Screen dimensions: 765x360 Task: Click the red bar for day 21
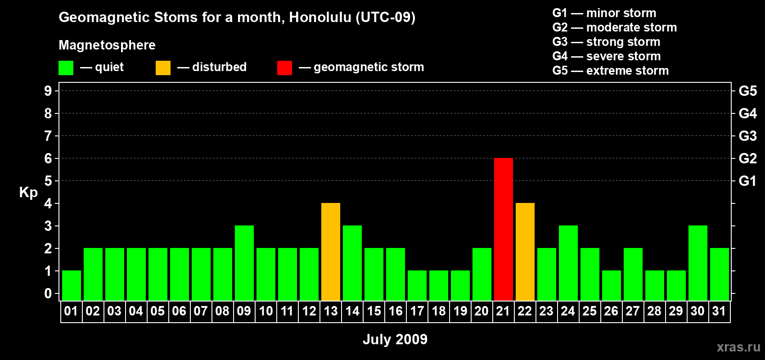point(504,229)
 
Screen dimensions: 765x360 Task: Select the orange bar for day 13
point(331,252)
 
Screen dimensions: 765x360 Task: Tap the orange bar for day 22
point(525,252)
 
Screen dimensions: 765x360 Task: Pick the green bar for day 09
point(244,263)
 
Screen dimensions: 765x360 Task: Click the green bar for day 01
point(72,286)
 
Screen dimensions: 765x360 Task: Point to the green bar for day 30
point(697,263)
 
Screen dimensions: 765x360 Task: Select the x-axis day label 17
point(417,311)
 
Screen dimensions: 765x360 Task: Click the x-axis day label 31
point(719,311)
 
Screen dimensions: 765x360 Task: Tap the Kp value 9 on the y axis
point(48,91)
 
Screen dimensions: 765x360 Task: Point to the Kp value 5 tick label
point(48,181)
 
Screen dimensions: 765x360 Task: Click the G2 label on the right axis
point(748,158)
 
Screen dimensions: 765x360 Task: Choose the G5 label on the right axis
point(748,91)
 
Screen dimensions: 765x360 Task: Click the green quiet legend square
point(66,67)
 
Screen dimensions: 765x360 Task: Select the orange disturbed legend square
point(163,67)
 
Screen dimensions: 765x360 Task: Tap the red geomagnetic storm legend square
point(285,67)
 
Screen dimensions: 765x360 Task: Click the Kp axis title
point(28,193)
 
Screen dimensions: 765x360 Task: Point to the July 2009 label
point(395,339)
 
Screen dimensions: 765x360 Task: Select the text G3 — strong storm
point(606,42)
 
